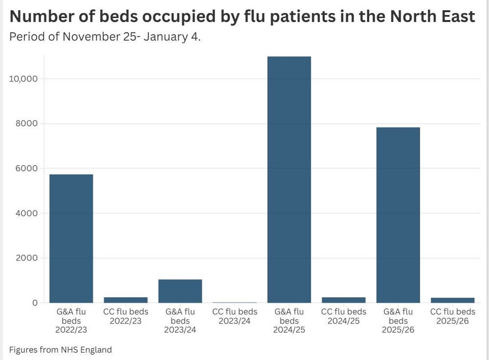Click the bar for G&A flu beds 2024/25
click(289, 179)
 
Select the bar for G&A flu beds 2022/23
click(71, 239)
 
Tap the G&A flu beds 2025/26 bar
click(398, 215)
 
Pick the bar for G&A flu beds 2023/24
click(180, 291)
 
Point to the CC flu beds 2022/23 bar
click(126, 300)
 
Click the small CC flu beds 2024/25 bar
click(344, 300)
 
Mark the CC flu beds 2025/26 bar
click(452, 300)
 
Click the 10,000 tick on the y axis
click(23, 79)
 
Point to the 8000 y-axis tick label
click(27, 124)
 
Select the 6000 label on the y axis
click(27, 168)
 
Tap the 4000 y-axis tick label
click(27, 213)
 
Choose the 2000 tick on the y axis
click(27, 258)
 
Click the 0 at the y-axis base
click(35, 303)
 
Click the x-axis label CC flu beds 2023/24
click(235, 316)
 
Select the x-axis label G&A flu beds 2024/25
click(289, 321)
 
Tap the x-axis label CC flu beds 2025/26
click(452, 316)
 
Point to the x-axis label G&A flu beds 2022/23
click(71, 321)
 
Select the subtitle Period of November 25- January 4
click(105, 38)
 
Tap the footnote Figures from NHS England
click(60, 349)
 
